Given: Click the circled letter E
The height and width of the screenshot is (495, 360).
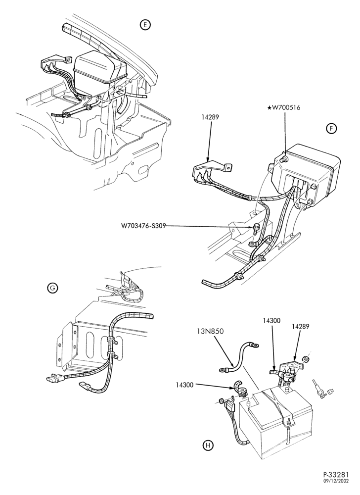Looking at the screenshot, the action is (145, 25).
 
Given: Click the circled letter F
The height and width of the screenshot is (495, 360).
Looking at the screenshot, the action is (331, 129).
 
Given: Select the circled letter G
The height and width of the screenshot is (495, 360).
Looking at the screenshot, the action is (52, 287).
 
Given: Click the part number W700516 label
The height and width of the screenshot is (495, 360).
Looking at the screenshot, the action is (286, 107).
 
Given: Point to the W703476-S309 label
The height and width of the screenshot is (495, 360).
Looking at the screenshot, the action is (143, 226).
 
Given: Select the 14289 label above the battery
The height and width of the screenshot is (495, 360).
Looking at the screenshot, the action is (301, 326).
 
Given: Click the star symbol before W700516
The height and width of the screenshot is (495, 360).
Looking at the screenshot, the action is (269, 107).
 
